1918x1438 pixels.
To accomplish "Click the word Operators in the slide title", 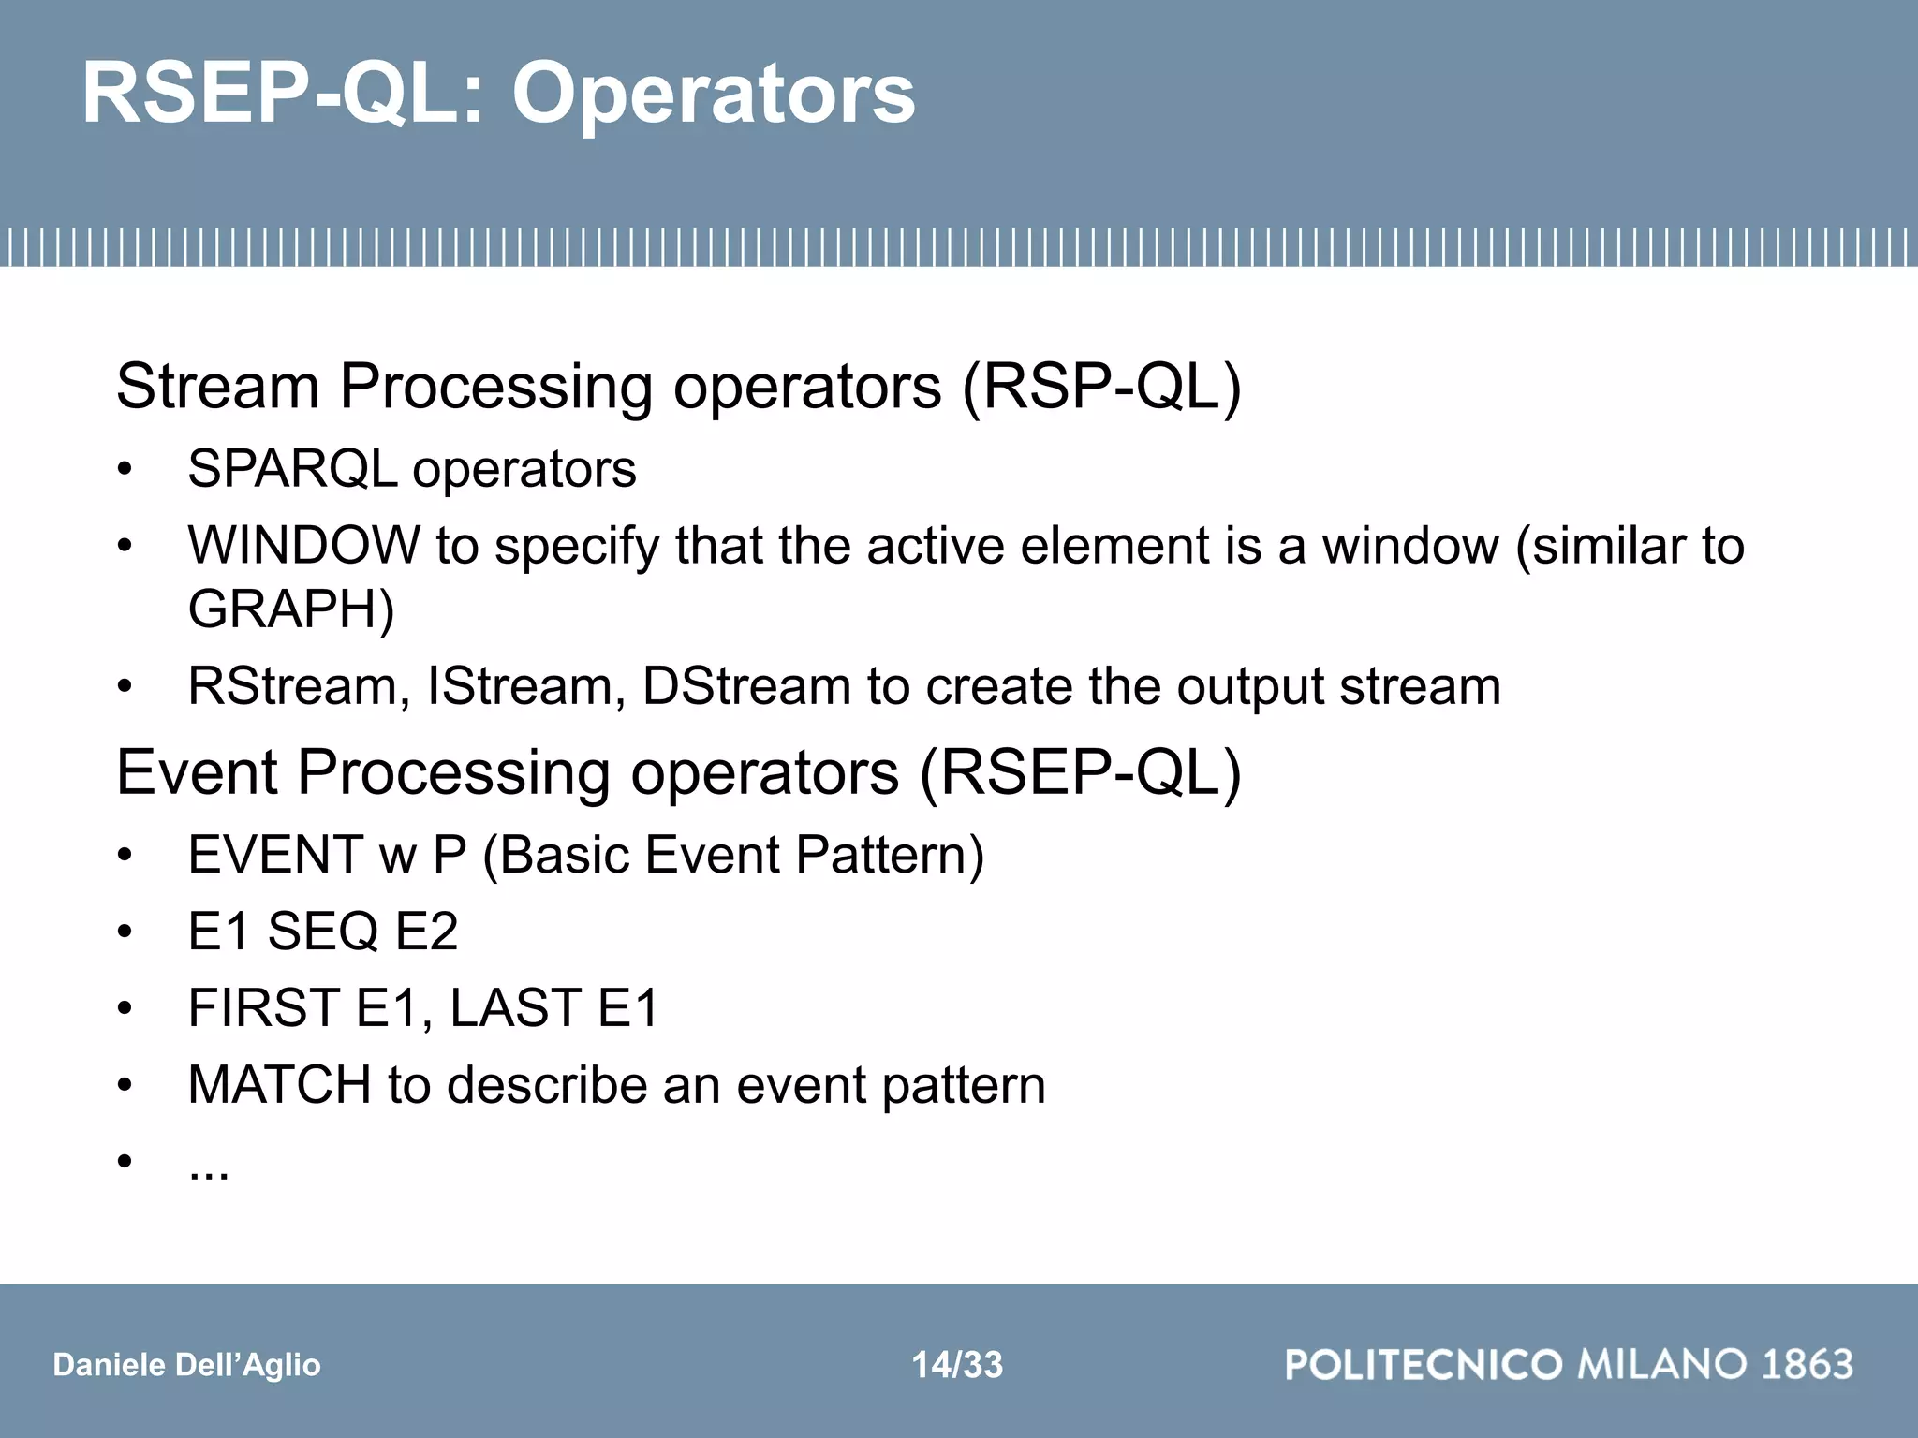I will click(714, 94).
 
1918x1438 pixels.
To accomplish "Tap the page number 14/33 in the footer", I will click(957, 1365).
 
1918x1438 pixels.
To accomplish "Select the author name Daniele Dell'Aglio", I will click(187, 1365).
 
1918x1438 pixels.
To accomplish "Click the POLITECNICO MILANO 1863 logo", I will click(1569, 1364).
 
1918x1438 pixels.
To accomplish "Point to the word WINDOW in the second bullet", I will click(303, 545).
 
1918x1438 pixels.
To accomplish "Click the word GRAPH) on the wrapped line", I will click(291, 609).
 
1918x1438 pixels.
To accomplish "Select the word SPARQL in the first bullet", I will click(292, 469).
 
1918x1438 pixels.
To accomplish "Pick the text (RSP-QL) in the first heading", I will click(1101, 387).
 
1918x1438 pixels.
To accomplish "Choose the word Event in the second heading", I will click(198, 773).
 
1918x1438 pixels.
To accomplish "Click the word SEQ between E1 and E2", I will click(323, 932).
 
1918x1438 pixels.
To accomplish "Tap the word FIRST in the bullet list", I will click(264, 1008).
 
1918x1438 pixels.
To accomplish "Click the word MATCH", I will click(279, 1085).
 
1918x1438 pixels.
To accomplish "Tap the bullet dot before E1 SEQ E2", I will click(125, 932).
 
